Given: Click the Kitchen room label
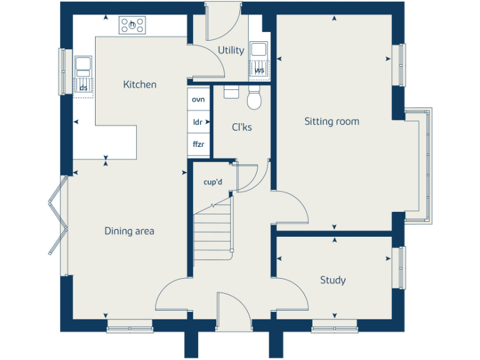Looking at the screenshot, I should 139,84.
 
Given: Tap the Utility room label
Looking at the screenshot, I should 231,50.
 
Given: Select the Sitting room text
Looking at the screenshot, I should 331,121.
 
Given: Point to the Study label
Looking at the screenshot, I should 332,280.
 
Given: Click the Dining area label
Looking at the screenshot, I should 129,231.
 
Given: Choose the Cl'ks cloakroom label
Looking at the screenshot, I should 242,127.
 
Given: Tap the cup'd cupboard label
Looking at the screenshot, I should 213,182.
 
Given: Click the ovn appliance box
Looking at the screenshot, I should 199,100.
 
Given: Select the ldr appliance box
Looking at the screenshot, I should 199,122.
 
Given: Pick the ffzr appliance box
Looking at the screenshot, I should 199,144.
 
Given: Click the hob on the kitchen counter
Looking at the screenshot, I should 132,26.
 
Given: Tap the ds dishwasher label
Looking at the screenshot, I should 83,87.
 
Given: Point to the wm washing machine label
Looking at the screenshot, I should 259,71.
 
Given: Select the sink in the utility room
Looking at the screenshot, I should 259,50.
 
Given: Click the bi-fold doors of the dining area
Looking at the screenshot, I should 57,216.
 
